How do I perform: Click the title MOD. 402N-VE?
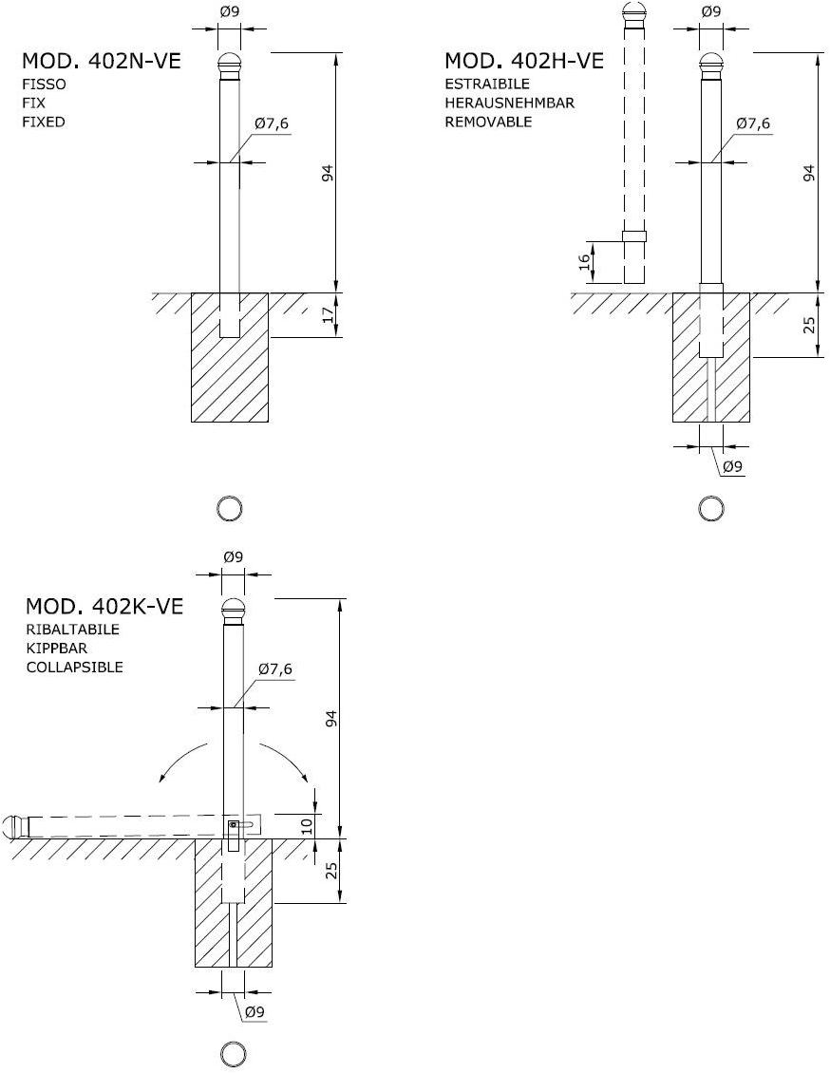(102, 61)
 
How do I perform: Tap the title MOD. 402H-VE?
(524, 61)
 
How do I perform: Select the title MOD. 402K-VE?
(104, 607)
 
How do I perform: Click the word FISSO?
(45, 85)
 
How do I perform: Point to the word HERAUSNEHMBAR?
(510, 103)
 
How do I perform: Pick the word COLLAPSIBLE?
(75, 667)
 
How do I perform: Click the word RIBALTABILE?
(72, 629)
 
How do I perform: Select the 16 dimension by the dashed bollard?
(583, 261)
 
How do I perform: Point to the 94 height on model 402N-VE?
(328, 173)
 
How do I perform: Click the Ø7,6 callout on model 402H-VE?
(753, 123)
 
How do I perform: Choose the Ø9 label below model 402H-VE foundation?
(733, 466)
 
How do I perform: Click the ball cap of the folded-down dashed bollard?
(15, 826)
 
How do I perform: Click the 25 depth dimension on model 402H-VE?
(810, 325)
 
